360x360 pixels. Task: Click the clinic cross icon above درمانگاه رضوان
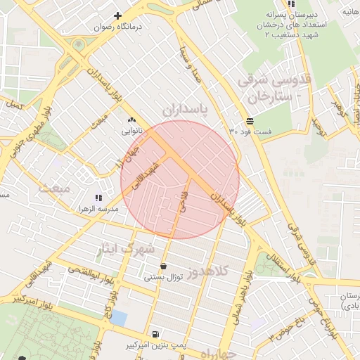[x=117, y=15]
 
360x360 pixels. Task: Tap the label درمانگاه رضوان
[x=119, y=27]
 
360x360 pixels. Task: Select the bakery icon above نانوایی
[x=132, y=120]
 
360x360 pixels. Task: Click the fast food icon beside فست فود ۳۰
[x=250, y=121]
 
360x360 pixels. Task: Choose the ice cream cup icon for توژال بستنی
[x=164, y=266]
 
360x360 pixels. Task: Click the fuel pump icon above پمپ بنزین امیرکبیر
[x=155, y=334]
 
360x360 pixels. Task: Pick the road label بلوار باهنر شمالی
[x=247, y=285]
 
